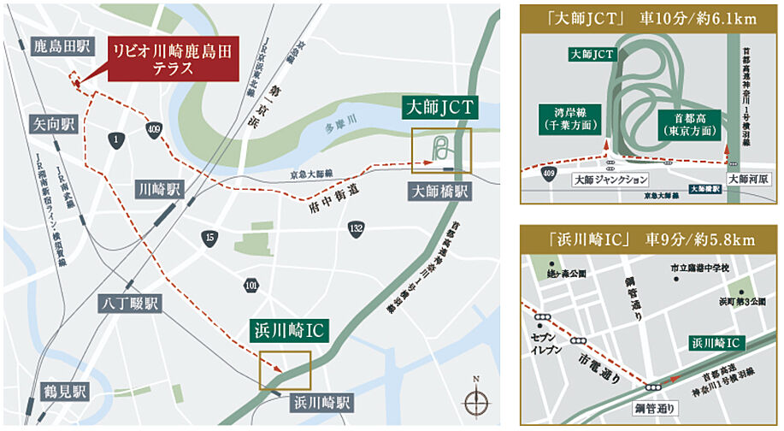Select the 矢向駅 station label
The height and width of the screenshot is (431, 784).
tap(53, 124)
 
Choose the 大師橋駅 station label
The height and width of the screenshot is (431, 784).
tap(439, 192)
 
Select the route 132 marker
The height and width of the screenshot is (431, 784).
tap(356, 228)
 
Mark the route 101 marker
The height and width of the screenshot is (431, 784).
tap(251, 283)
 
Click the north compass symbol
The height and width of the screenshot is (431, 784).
tap(476, 399)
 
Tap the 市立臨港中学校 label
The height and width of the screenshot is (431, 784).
tap(699, 269)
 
